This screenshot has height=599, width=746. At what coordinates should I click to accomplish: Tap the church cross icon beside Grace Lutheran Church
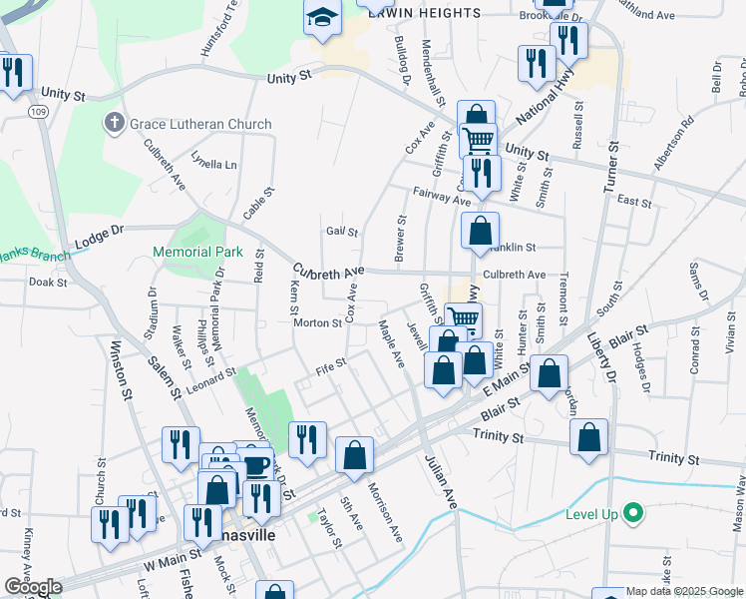(x=114, y=124)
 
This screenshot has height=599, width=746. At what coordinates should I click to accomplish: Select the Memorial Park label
(x=196, y=252)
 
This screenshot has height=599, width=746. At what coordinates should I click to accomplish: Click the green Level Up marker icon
(x=631, y=514)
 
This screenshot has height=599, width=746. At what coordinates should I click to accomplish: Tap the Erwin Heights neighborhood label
(x=424, y=13)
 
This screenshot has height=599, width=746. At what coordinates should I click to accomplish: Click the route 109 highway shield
(x=38, y=111)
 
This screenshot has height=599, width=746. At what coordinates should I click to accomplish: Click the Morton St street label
(x=317, y=322)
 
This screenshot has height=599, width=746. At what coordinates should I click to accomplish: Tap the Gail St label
(x=341, y=232)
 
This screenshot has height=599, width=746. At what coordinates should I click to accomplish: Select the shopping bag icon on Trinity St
(x=588, y=437)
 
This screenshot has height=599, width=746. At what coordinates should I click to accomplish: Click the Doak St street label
(x=47, y=283)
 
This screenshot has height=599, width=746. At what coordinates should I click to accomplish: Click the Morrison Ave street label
(x=385, y=515)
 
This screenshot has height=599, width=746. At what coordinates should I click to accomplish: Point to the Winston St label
(x=122, y=371)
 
